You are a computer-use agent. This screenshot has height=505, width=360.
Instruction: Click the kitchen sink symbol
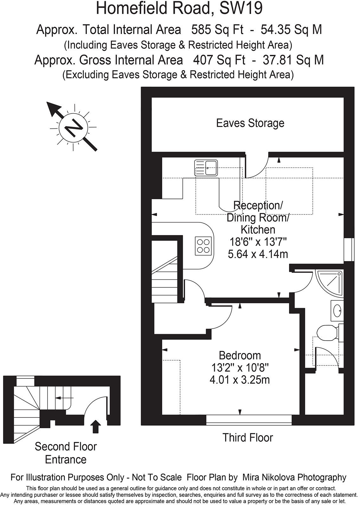pyautogui.click(x=206, y=168)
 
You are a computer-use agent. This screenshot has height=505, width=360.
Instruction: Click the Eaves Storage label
pyautogui.click(x=250, y=123)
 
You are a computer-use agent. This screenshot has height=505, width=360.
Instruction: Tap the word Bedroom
pyautogui.click(x=240, y=355)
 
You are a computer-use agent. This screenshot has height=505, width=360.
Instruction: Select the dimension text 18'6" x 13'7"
pyautogui.click(x=258, y=242)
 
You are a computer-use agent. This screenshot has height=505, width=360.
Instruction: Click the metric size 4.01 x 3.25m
pyautogui.click(x=240, y=380)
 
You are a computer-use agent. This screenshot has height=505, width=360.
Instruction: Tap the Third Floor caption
pyautogui.click(x=248, y=438)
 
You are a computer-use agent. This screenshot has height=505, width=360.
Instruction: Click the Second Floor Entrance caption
pyautogui.click(x=66, y=453)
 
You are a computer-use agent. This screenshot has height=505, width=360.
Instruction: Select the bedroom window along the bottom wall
pyautogui.click(x=249, y=420)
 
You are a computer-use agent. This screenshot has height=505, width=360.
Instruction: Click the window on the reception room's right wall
pyautogui.click(x=349, y=249)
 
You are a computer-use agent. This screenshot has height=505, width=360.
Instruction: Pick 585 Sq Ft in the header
pyautogui.click(x=217, y=30)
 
